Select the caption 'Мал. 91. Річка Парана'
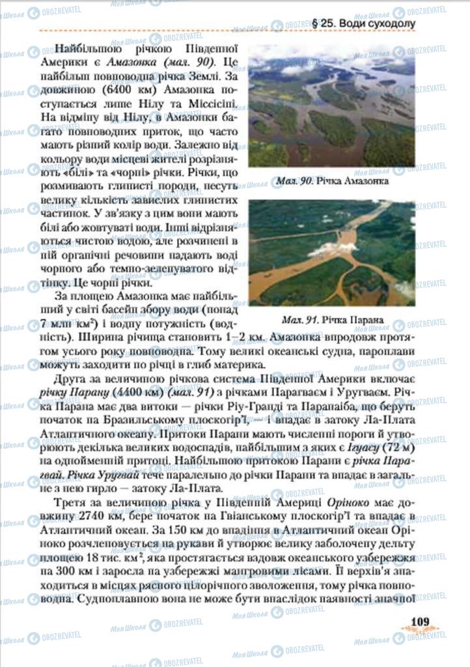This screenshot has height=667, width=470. [x=332, y=320]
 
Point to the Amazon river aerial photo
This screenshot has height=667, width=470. [x=331, y=106]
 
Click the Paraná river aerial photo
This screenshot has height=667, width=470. [x=331, y=253]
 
